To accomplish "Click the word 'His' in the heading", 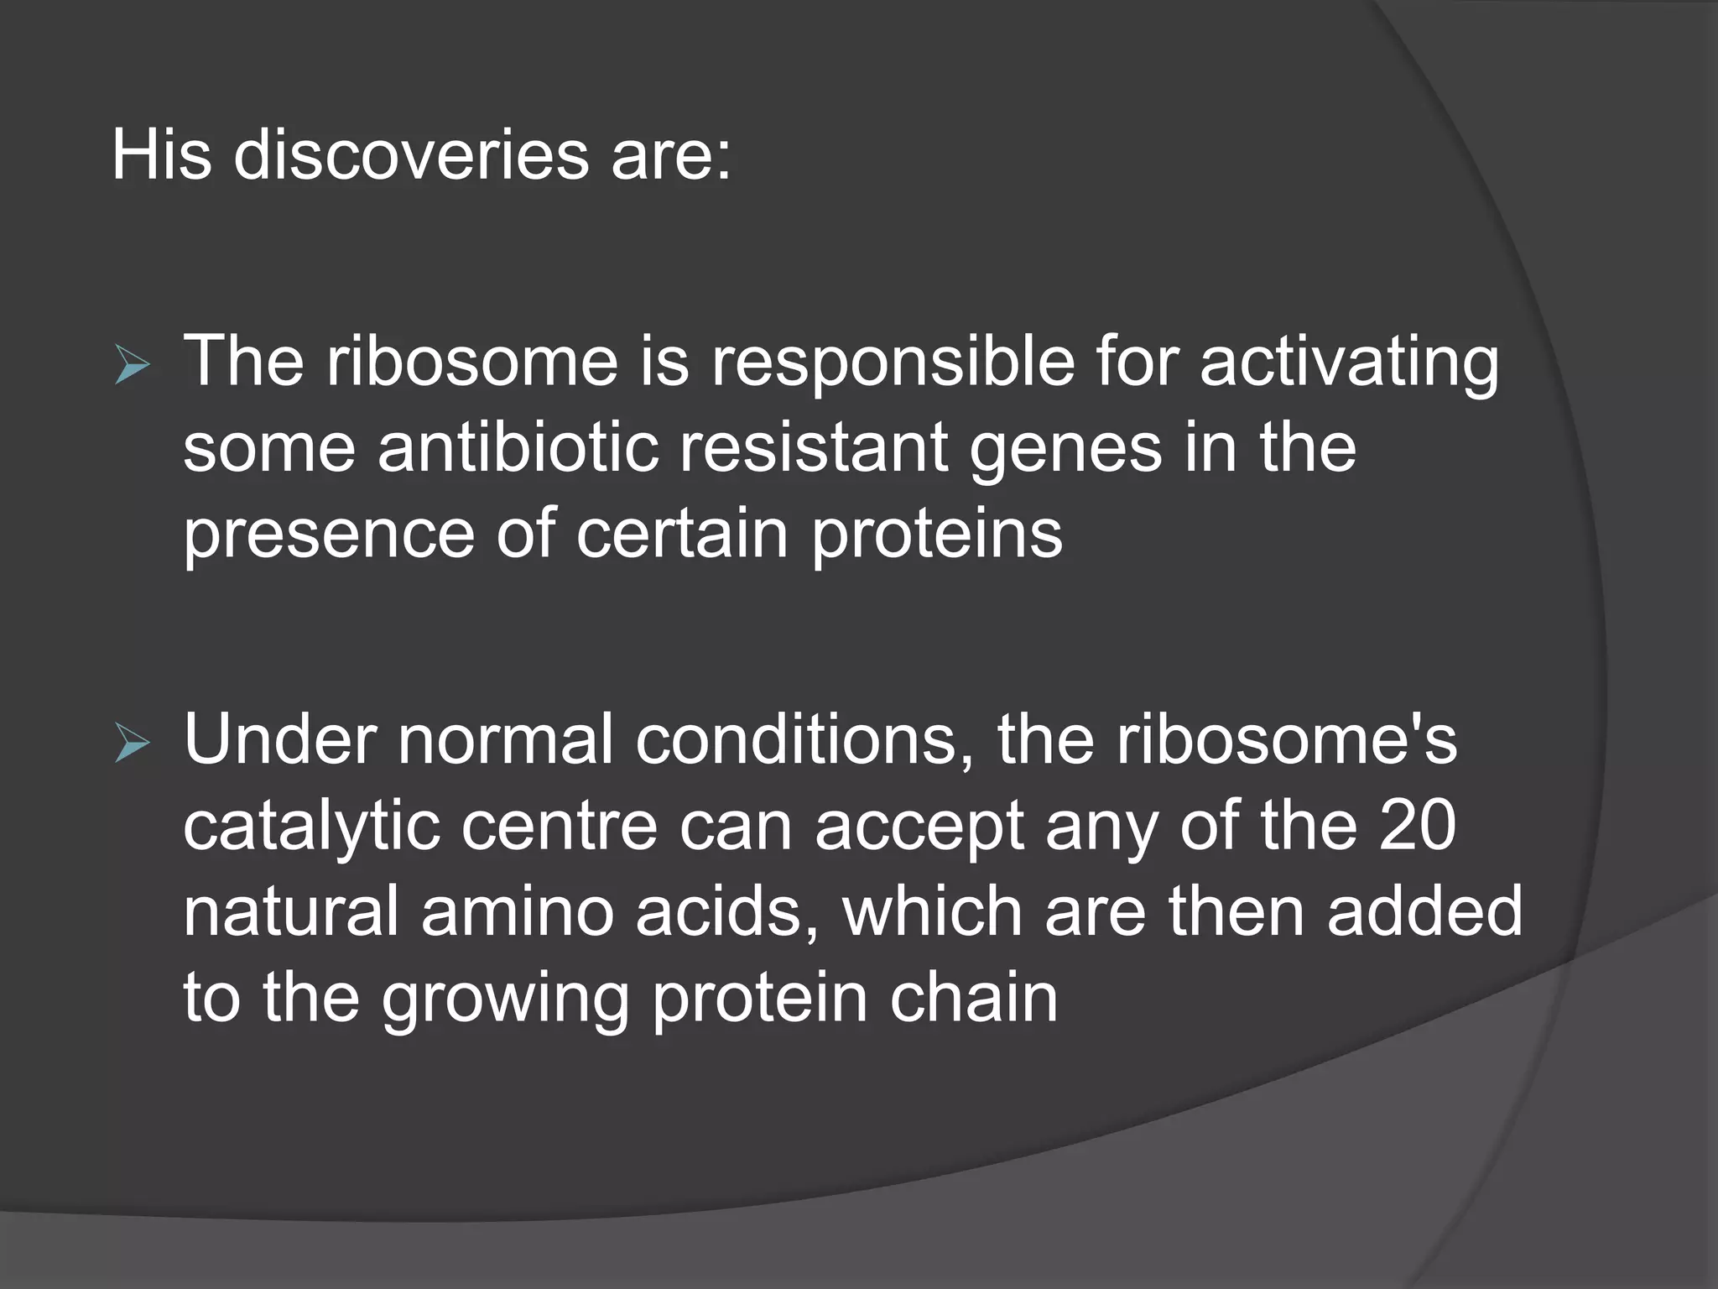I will (x=161, y=155).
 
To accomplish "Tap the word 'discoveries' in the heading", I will (x=411, y=155).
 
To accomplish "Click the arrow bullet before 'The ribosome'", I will (x=133, y=367).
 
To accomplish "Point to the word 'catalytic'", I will (x=311, y=827).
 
